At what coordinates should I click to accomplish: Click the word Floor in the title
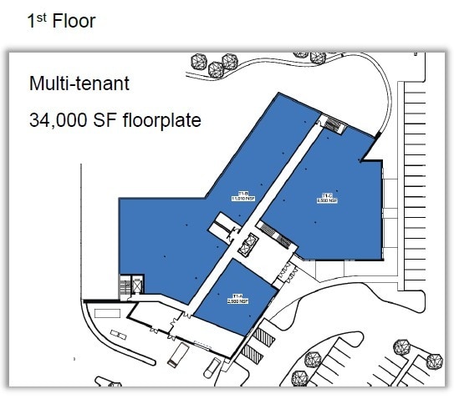pyautogui.click(x=74, y=21)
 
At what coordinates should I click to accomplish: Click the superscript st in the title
pyautogui.click(x=41, y=16)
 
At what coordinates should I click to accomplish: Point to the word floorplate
pyautogui.click(x=162, y=119)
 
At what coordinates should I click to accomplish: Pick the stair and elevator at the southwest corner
pyautogui.click(x=131, y=286)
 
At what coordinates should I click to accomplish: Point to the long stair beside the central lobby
pyautogui.click(x=277, y=234)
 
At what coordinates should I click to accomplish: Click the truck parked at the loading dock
pyautogui.click(x=177, y=356)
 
